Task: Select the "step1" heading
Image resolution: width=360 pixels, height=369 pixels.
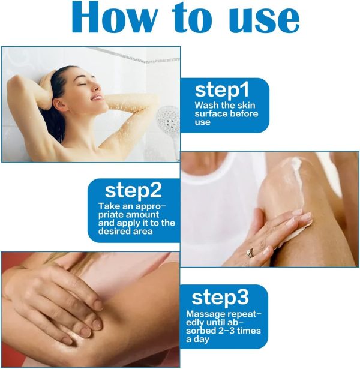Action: point(221,91)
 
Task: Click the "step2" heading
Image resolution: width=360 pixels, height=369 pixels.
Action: point(133,191)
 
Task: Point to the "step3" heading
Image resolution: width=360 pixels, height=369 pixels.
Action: point(220,298)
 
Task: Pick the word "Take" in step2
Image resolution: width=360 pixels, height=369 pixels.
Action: point(109,206)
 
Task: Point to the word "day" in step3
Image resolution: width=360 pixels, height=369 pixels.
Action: point(201,340)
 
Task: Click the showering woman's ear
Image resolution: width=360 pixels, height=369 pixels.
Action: point(59,104)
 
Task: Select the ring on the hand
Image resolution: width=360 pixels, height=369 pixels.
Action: point(250,253)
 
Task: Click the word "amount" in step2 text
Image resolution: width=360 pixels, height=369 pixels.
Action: point(142,215)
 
